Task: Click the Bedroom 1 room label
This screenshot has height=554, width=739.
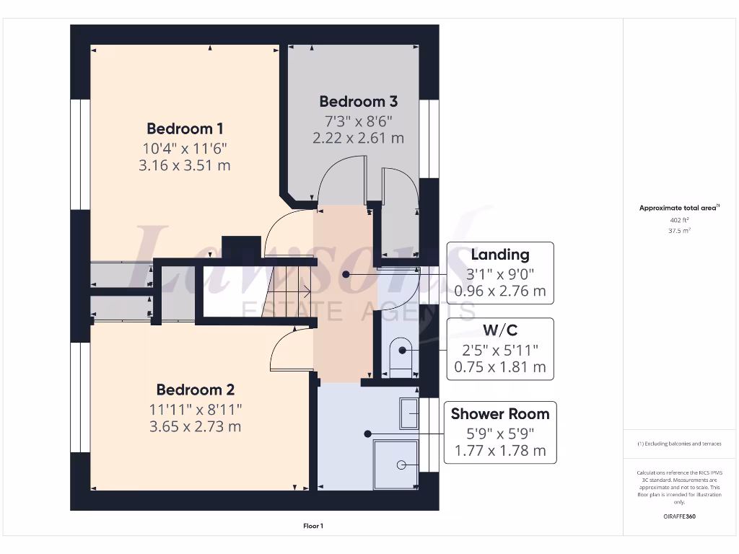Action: tap(185, 129)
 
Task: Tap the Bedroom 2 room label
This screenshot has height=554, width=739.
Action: tap(195, 390)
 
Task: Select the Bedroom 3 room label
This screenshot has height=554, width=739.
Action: tap(358, 102)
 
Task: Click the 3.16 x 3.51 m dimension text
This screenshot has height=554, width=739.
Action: tap(185, 165)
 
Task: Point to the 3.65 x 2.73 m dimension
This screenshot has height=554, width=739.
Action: tap(195, 426)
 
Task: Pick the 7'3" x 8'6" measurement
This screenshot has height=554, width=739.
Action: tap(358, 120)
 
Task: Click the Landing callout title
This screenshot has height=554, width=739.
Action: tap(499, 255)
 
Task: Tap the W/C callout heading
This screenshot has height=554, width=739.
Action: tap(499, 331)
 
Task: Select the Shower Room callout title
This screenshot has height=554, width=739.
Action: tap(499, 414)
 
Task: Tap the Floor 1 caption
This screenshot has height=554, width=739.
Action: tap(313, 527)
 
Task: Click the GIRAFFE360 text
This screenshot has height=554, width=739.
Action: tap(679, 516)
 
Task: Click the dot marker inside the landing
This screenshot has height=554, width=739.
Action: tap(346, 275)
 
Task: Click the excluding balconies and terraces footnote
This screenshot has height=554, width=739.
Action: tap(679, 444)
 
